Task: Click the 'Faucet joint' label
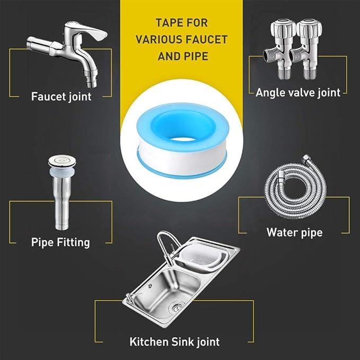(x=61, y=96)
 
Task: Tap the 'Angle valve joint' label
(x=297, y=93)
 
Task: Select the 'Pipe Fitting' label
(x=60, y=243)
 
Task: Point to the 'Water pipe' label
(x=294, y=232)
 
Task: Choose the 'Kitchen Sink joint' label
(x=174, y=341)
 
